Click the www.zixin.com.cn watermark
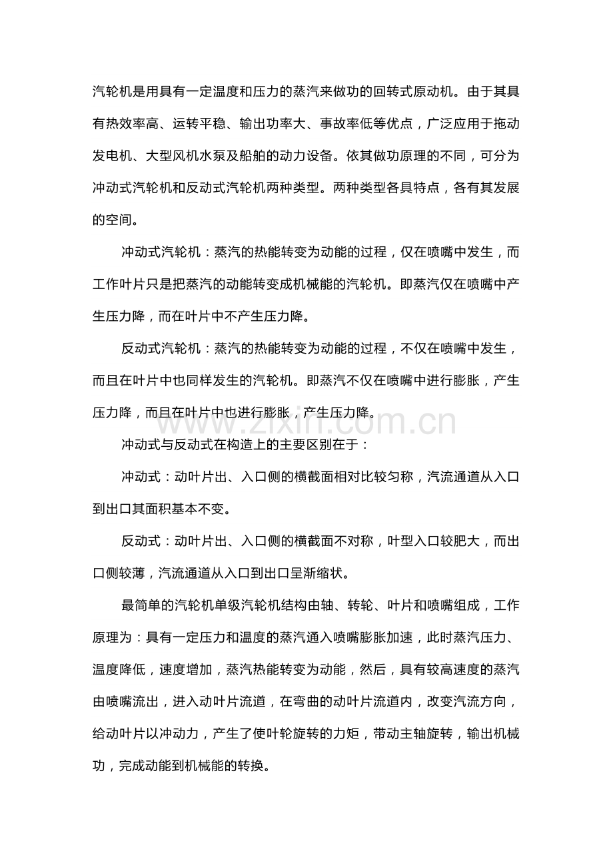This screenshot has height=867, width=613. click(307, 422)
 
